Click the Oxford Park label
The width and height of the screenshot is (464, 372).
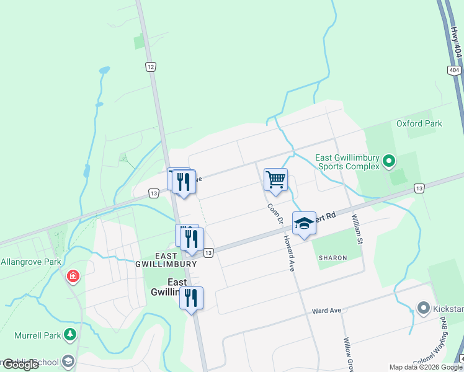(x=419, y=123)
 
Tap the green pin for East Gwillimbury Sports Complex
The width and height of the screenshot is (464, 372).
(x=389, y=162)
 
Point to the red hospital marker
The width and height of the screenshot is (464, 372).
(x=73, y=275)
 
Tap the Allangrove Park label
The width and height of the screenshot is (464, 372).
(x=30, y=262)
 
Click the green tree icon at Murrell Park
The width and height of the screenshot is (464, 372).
(x=70, y=335)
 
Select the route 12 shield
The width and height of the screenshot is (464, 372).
(x=150, y=66)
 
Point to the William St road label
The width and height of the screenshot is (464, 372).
(x=356, y=227)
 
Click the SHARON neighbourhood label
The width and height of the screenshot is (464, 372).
(x=332, y=257)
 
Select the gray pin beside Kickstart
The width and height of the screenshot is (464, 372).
(x=424, y=308)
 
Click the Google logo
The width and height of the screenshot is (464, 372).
(x=20, y=365)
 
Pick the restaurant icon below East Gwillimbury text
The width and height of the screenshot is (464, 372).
(x=191, y=299)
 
